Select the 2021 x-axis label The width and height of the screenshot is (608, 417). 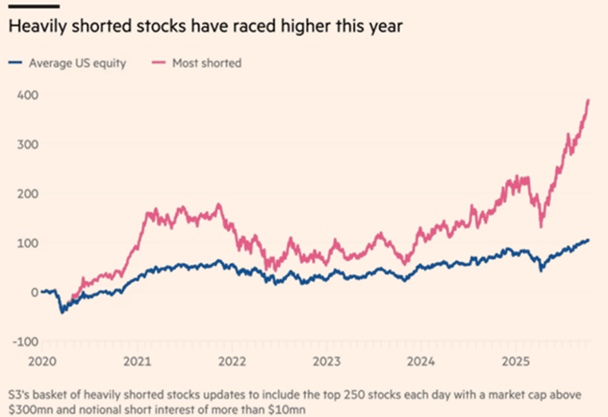[138, 361]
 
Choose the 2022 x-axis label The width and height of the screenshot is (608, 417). [233, 361]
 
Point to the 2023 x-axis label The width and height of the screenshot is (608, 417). [327, 361]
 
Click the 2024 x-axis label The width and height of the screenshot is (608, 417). [421, 361]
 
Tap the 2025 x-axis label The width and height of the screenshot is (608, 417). [515, 361]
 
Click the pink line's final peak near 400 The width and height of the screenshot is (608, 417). [588, 100]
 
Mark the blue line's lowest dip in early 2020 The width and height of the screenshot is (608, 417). [62, 312]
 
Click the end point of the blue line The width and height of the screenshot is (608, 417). [589, 240]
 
